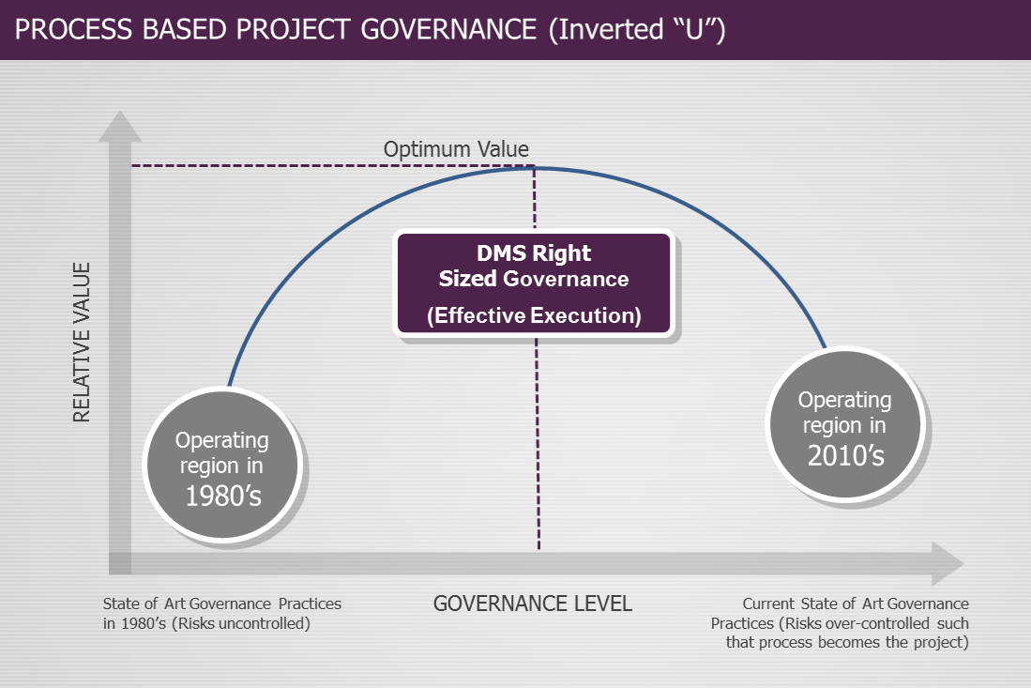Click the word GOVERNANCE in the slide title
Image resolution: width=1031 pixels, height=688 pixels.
[x=447, y=30]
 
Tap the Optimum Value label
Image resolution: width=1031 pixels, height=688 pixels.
[x=456, y=149]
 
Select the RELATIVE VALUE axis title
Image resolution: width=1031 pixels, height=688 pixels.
[x=83, y=343]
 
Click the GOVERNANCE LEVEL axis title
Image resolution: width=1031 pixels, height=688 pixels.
[x=532, y=604]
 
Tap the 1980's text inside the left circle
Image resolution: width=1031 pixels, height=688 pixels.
[x=222, y=496]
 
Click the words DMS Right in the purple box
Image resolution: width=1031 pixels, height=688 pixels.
[x=533, y=253]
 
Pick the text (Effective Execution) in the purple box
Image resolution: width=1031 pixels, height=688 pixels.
[x=534, y=315]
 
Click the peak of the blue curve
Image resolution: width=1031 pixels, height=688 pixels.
[x=535, y=169]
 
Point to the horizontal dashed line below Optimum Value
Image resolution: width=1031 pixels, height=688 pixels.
[x=328, y=166]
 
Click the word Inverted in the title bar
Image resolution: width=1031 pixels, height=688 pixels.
[x=611, y=30]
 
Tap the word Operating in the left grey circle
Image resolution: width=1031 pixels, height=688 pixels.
[x=222, y=440]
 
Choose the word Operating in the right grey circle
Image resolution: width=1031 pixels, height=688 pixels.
[x=844, y=400]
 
